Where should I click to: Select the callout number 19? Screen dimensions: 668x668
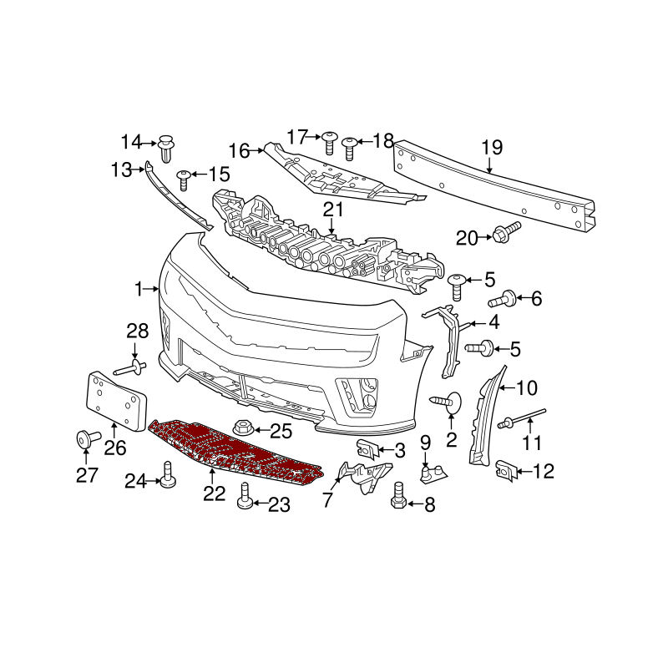click(492, 148)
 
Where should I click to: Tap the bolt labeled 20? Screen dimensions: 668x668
click(506, 232)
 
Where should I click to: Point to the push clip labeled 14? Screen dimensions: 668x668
click(167, 148)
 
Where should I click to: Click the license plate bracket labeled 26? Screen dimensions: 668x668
click(117, 401)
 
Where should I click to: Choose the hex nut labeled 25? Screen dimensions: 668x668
click(244, 428)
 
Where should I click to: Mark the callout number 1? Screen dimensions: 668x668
click(138, 289)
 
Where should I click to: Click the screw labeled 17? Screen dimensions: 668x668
click(328, 143)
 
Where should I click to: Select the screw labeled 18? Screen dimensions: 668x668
click(349, 149)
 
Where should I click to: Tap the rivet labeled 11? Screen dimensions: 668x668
click(520, 417)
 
